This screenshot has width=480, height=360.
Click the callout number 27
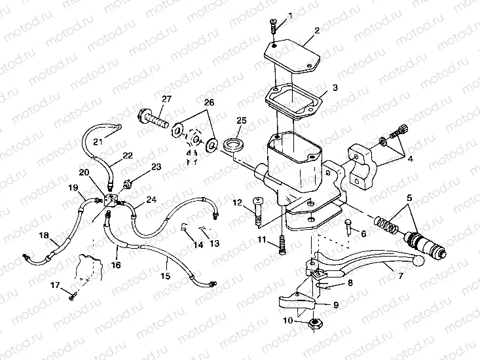pyautogui.click(x=166, y=99)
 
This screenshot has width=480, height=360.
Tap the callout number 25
pyautogui.click(x=241, y=120)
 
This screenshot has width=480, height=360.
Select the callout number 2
pyautogui.click(x=316, y=30)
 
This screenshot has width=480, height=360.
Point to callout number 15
pyautogui.click(x=166, y=277)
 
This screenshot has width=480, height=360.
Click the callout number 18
pyautogui.click(x=43, y=236)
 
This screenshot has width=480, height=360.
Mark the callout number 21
pyautogui.click(x=98, y=141)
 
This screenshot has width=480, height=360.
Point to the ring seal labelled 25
pyautogui.click(x=232, y=143)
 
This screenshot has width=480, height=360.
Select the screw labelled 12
pyautogui.click(x=257, y=213)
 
